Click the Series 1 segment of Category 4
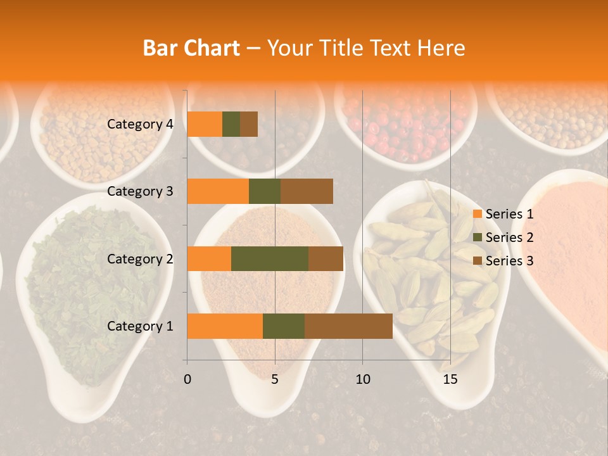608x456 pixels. coord(205,124)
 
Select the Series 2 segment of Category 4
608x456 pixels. coord(231,124)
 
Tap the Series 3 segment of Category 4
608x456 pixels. coord(249,124)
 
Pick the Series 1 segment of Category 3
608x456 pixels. coord(218,191)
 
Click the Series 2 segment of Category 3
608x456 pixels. coord(265,191)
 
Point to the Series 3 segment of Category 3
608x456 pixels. coord(307,191)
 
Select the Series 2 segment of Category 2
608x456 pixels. coord(270,258)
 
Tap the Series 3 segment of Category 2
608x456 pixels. coord(326,258)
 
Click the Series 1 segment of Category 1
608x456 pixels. coord(225,326)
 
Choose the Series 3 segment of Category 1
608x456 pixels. coord(348,326)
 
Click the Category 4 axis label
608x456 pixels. coord(140,124)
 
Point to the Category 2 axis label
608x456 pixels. coord(140,258)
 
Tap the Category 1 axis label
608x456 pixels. coord(140,326)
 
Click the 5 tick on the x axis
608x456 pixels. coord(275,379)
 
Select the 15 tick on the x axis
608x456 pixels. coord(450,379)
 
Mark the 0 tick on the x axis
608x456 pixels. coord(187,379)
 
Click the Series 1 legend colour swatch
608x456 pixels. coord(477,214)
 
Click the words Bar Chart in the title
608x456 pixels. coord(191,48)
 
